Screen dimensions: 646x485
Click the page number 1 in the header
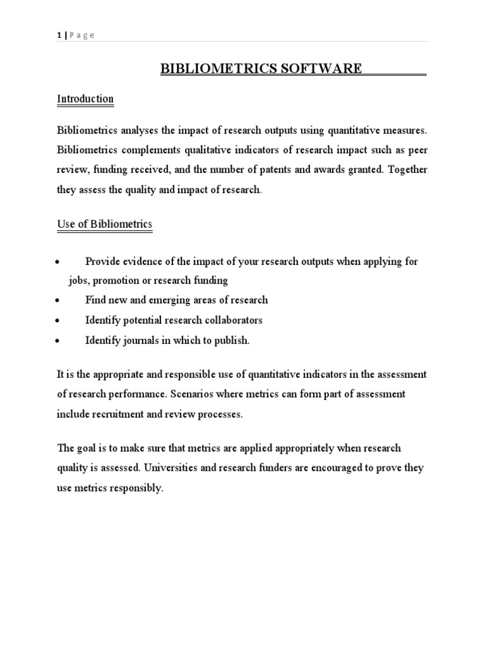pyautogui.click(x=59, y=35)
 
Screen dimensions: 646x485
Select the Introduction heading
pyautogui.click(x=85, y=99)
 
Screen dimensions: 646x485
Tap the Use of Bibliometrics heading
pyautogui.click(x=104, y=224)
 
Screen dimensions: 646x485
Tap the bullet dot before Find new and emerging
pyautogui.click(x=57, y=301)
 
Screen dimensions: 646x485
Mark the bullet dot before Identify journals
pyautogui.click(x=57, y=341)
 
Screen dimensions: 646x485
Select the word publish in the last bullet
pyautogui.click(x=233, y=341)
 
